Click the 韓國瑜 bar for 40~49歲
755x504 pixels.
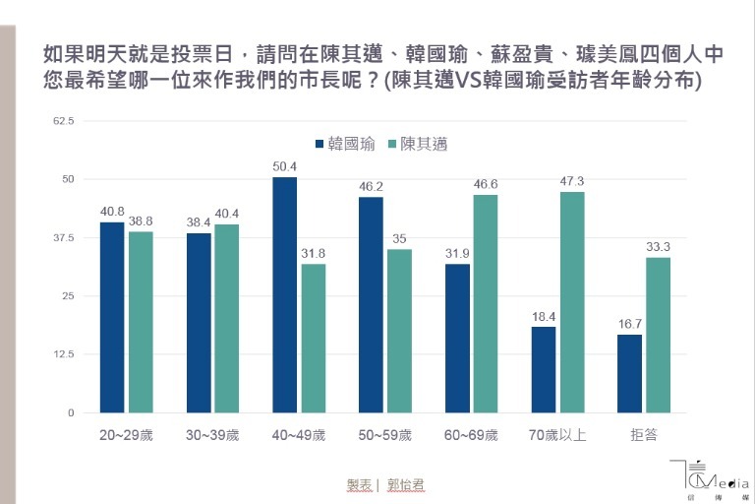click(x=284, y=294)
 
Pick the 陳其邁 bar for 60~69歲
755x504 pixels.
click(x=486, y=303)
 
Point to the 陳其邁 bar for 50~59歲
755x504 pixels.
click(x=399, y=331)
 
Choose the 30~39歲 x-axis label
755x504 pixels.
click(x=211, y=434)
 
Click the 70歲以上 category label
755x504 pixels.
click(x=557, y=434)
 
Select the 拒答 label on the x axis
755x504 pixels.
click(x=644, y=434)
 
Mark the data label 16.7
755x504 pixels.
click(x=630, y=325)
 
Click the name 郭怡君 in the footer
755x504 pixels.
click(x=406, y=485)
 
